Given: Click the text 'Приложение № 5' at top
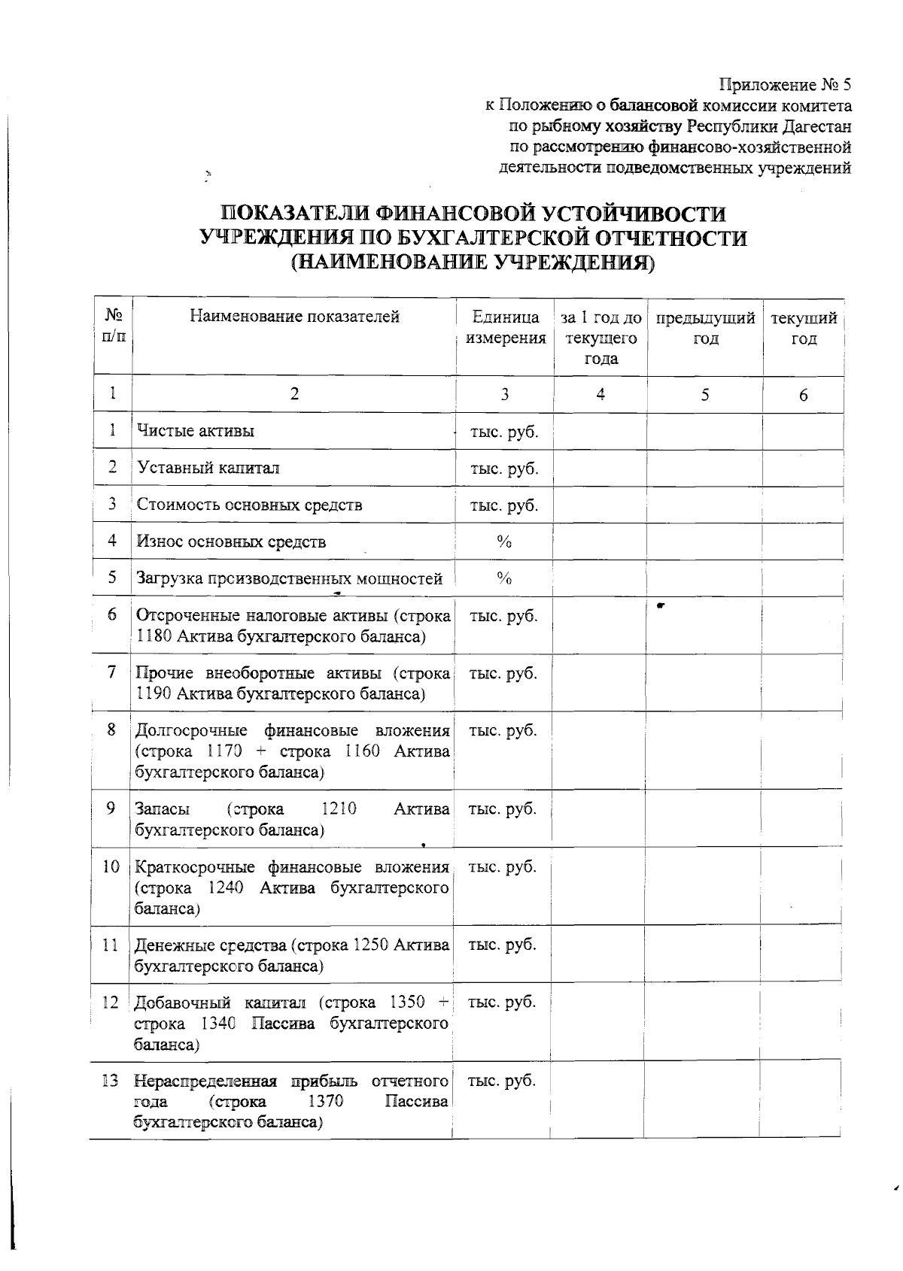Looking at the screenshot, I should coord(785,84).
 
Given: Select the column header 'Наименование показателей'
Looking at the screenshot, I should coord(294,317).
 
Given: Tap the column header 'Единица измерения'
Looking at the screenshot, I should coord(506,328).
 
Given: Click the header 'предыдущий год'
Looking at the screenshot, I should coord(705,328).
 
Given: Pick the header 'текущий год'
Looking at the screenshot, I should coord(804,328).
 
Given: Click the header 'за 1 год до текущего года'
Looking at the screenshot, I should coord(601,338).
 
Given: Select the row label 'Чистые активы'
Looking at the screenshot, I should coord(196,431).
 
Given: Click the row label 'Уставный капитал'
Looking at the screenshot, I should coord(208,468).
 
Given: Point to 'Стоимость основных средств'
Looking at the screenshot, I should coord(249,505).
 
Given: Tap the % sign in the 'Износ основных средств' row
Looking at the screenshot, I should coord(504,541).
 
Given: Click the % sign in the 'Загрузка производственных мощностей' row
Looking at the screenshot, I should coord(504,578).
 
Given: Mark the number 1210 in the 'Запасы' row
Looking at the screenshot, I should coord(338,809).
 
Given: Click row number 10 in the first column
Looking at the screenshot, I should coord(111,867).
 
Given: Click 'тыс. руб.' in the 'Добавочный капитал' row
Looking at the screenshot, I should coord(502,1003).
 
